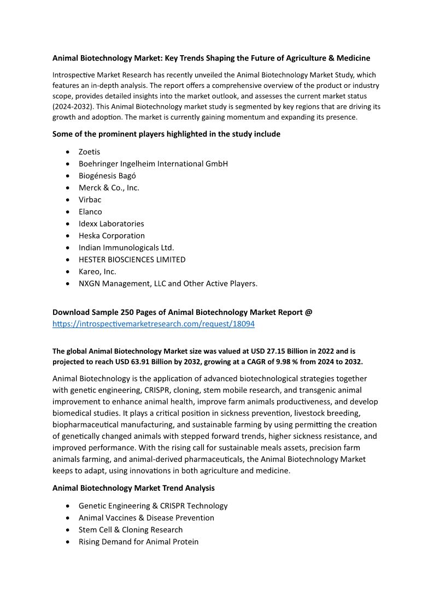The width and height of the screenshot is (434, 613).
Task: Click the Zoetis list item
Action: [89, 152]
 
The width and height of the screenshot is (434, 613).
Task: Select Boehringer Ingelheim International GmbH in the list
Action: [153, 164]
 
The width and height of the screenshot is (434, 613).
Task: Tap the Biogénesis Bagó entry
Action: [107, 176]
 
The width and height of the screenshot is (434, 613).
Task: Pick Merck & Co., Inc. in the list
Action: [109, 188]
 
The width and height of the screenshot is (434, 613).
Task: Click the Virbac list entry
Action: [90, 200]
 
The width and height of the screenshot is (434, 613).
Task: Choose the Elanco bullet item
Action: [90, 212]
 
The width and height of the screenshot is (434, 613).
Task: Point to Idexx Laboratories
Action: [111, 224]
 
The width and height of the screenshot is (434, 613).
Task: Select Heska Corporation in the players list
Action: [112, 236]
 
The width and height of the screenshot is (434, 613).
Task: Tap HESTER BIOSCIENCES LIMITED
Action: [132, 260]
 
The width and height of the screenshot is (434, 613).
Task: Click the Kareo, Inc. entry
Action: [97, 272]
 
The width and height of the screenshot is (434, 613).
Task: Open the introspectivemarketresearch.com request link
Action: [154, 324]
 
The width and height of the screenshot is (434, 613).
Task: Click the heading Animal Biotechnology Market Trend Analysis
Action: [133, 488]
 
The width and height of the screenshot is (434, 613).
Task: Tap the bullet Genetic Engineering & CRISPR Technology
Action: [153, 506]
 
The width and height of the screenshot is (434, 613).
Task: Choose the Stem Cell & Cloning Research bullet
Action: [131, 530]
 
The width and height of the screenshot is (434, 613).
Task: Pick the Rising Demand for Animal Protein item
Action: [138, 542]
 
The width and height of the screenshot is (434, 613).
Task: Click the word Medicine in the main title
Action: [351, 58]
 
